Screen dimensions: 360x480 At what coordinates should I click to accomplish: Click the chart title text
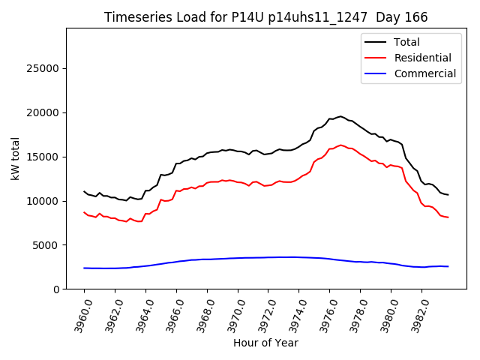point(271,17)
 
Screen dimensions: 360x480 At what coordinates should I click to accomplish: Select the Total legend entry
point(406,42)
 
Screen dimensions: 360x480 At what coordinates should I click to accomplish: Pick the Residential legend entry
point(422,58)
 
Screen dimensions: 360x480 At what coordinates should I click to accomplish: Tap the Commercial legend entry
point(424,73)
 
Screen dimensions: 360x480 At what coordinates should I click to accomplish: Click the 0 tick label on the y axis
point(56,289)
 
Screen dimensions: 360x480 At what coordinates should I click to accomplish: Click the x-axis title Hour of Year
point(265,343)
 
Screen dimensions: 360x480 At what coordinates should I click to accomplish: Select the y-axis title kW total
point(15,159)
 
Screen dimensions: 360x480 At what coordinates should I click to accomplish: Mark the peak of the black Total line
point(340,116)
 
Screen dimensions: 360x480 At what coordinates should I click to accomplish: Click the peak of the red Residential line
point(340,145)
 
